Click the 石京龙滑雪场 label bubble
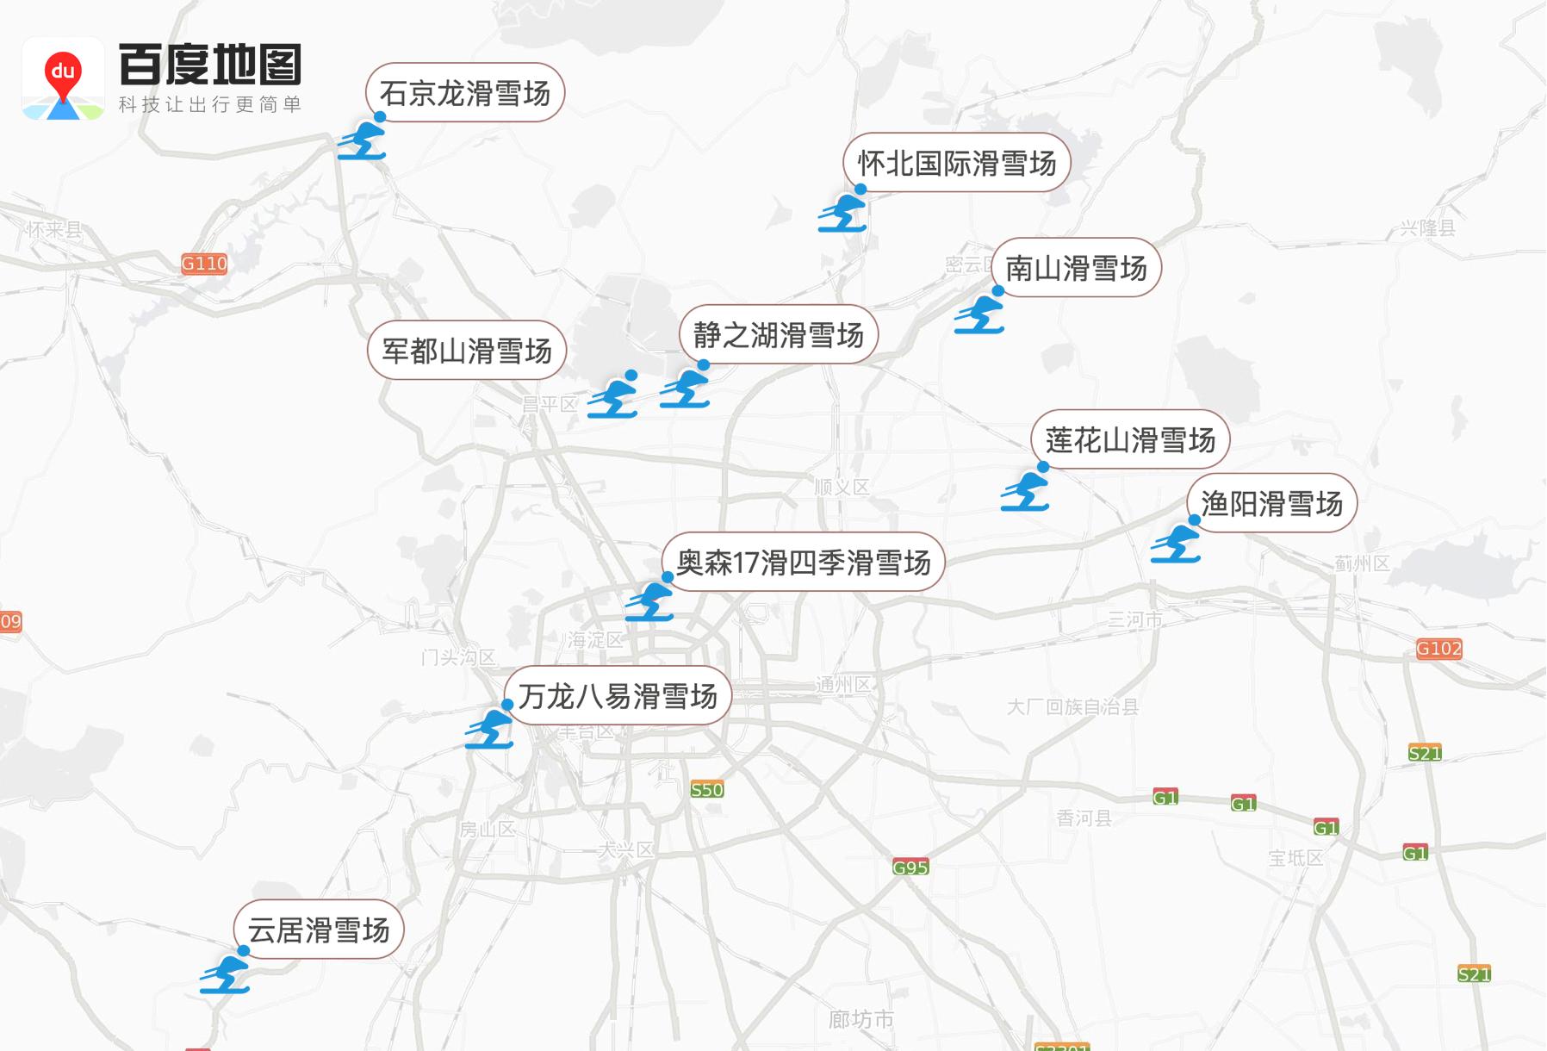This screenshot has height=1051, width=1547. point(465,93)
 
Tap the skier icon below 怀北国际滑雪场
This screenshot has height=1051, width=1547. point(842,213)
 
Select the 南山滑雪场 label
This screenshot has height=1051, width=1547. point(1076,268)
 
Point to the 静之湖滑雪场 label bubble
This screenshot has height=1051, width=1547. point(779,334)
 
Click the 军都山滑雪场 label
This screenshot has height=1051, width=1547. point(467,351)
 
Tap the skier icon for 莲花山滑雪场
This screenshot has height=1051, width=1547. point(1025,491)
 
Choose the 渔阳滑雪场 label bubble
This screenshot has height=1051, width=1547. point(1271,503)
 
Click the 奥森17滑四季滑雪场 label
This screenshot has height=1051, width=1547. point(804,563)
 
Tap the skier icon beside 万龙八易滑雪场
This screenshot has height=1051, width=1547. point(489,729)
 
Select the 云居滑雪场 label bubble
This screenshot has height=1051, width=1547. point(319,930)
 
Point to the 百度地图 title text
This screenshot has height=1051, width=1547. point(211,64)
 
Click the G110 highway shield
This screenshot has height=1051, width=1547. point(204,264)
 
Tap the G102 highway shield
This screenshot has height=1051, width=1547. point(1438,649)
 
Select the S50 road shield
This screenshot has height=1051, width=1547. point(707,789)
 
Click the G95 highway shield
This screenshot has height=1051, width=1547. point(910,868)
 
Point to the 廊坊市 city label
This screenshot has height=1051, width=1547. point(860,1020)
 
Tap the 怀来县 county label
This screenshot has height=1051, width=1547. point(53,229)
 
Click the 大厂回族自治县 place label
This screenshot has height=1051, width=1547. point(1072,707)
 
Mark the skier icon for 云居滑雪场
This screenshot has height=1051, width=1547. point(225,975)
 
